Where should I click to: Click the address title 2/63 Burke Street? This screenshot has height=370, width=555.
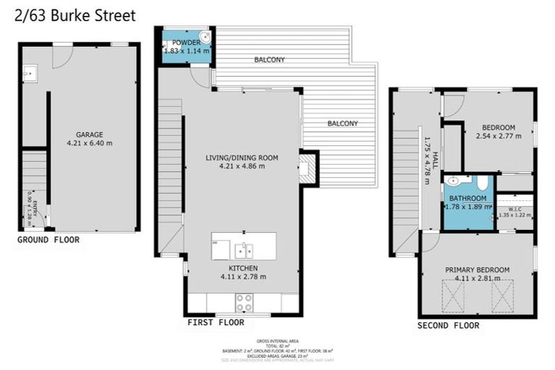(74, 14)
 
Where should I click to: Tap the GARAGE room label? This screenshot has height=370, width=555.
(90, 134)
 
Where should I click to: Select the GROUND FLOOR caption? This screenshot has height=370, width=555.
(48, 240)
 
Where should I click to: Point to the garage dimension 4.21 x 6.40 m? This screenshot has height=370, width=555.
(90, 143)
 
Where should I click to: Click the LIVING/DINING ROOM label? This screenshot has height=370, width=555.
(241, 158)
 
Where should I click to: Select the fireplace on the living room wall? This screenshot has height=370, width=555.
(306, 168)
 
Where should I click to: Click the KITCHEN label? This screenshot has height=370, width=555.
(242, 267)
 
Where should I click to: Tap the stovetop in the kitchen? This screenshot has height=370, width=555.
(243, 302)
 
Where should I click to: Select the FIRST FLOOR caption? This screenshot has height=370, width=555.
(215, 322)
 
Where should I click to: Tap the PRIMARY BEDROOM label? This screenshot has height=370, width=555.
(477, 270)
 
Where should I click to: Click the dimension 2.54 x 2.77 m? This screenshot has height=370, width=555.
(499, 135)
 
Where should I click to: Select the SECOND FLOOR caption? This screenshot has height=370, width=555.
(448, 326)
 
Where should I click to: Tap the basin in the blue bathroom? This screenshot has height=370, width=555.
(452, 181)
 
